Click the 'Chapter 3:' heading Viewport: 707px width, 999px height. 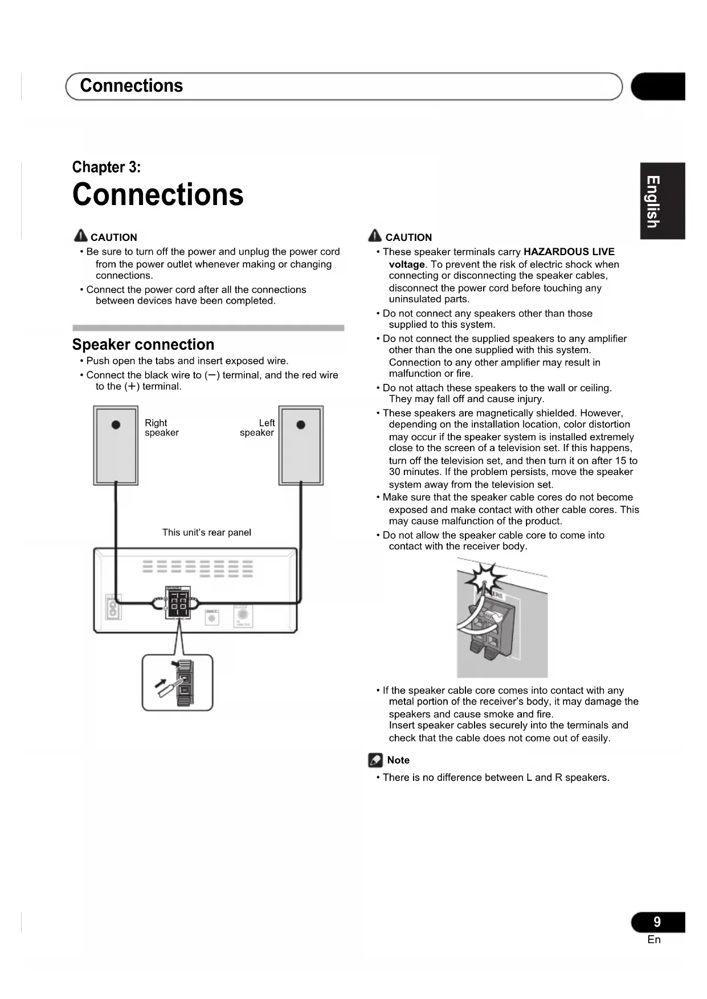(106, 167)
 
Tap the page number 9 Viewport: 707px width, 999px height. (657, 922)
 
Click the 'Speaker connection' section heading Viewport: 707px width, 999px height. (143, 345)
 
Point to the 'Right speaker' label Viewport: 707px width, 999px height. (161, 428)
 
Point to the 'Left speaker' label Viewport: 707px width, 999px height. (258, 428)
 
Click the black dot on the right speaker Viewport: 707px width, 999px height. (116, 425)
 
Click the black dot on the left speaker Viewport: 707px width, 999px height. (301, 425)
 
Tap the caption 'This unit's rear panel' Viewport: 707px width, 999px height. (206, 533)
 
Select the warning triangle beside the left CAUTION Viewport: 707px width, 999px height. (81, 236)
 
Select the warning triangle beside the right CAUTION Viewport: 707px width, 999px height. (375, 236)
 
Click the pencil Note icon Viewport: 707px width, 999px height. (375, 760)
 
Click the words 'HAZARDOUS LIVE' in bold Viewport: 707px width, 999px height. (569, 252)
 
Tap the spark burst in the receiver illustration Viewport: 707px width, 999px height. (484, 579)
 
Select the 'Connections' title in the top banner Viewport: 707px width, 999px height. (132, 86)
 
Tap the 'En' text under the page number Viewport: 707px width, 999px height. (654, 940)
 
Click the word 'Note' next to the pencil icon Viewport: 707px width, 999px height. (398, 760)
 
